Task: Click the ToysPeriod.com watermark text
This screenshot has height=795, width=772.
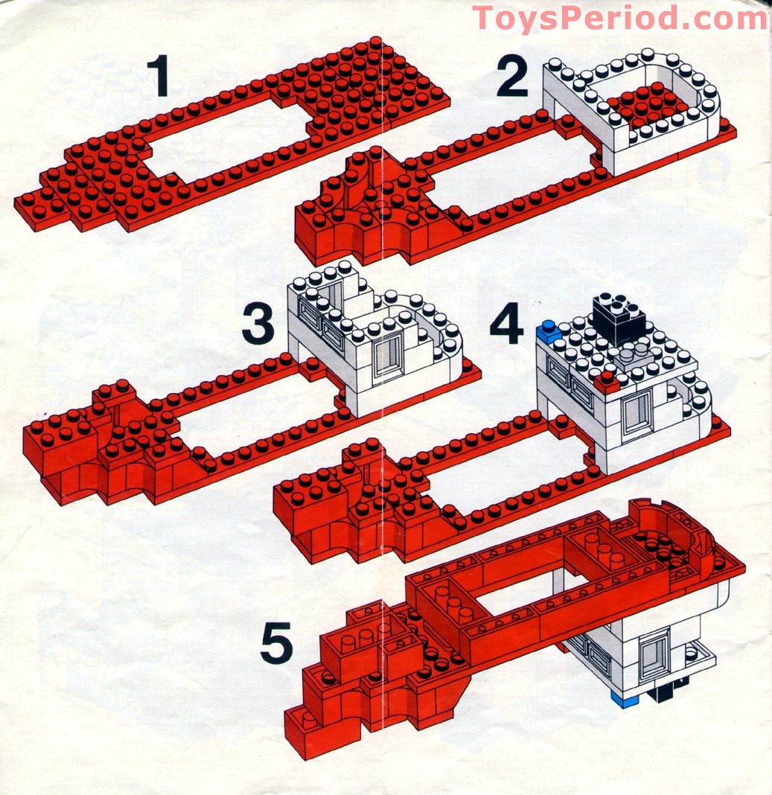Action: (619, 17)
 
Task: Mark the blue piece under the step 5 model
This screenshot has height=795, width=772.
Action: (623, 697)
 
